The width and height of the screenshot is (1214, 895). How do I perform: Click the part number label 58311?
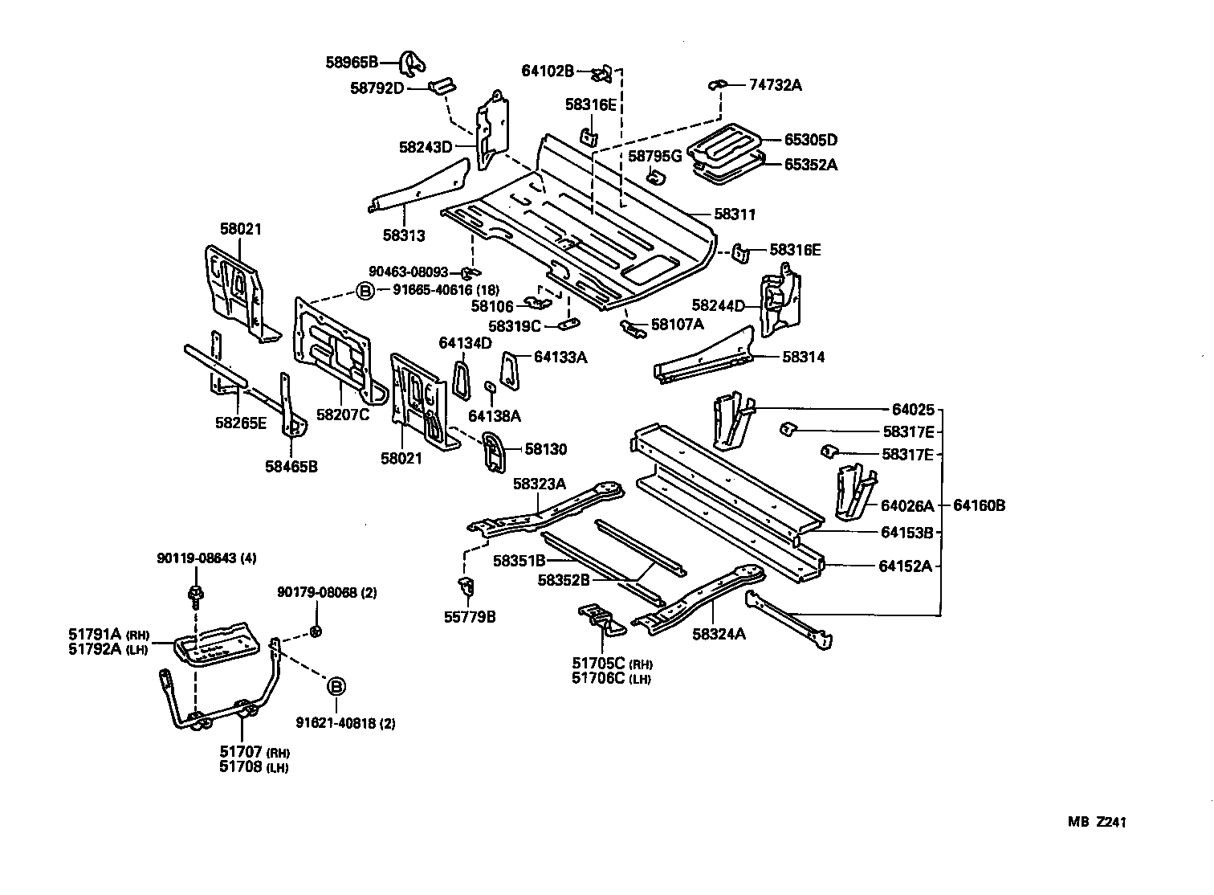point(735,215)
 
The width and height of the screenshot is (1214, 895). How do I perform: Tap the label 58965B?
point(352,62)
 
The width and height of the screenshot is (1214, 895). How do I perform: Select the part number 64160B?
point(979,505)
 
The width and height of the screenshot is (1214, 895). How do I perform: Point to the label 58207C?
point(343,415)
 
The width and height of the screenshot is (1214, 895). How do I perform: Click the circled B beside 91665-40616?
point(365,291)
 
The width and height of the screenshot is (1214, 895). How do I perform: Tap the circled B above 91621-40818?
point(336,686)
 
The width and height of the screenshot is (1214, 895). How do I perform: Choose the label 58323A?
point(540,483)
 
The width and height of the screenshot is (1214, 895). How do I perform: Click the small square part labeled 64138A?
point(490,387)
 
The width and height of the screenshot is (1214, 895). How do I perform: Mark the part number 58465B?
point(291,465)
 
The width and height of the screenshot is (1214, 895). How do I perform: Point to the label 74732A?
point(776,84)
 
